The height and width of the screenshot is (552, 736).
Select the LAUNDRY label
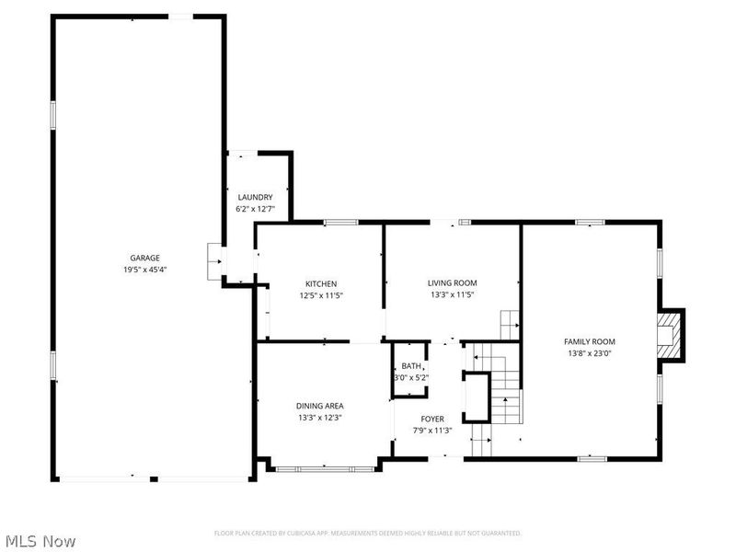255,197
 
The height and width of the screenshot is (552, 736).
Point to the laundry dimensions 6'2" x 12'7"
255,209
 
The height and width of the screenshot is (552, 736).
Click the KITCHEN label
321,283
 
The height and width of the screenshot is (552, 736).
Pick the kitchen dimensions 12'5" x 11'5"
321,295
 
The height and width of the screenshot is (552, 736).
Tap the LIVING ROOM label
452,283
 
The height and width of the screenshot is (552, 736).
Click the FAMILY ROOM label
589,341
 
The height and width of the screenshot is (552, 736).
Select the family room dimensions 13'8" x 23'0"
589,353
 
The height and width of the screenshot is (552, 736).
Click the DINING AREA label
319,406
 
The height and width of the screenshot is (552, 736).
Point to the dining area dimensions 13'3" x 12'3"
319,418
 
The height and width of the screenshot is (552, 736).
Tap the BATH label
410,366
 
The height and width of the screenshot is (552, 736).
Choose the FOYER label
432,419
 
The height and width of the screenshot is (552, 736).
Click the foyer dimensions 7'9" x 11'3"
432,430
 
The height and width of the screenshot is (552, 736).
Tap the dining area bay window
325,469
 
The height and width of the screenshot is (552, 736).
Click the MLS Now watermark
40,541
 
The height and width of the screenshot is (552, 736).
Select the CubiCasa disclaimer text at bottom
368,534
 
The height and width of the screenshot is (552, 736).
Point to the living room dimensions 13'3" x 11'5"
452,295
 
